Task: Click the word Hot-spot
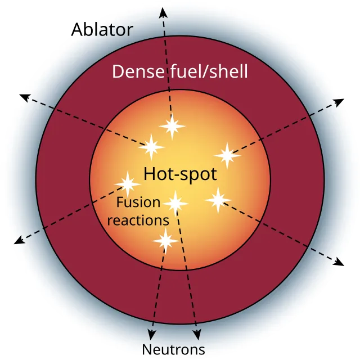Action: (x=179, y=174)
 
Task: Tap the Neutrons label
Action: (x=173, y=349)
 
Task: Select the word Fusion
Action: (x=138, y=202)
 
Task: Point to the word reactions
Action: (x=138, y=220)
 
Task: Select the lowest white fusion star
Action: (x=165, y=241)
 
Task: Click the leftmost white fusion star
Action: (x=128, y=183)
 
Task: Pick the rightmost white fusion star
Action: (x=227, y=155)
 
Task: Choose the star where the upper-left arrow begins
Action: (x=151, y=147)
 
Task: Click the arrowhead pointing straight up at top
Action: (x=163, y=12)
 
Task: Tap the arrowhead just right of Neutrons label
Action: (x=197, y=336)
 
